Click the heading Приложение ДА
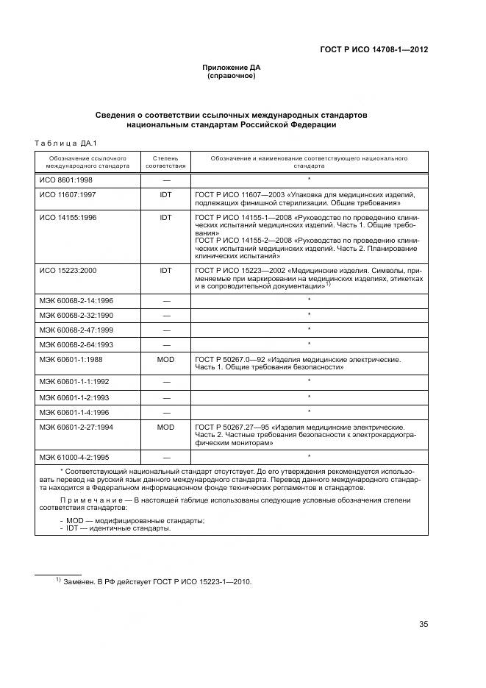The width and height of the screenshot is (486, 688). coord(231,68)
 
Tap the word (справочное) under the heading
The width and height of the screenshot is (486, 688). coord(231,76)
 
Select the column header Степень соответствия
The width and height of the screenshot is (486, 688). coord(165,162)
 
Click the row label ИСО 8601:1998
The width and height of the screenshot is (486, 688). coord(65,179)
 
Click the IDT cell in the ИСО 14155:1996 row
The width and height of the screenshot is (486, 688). coord(165,219)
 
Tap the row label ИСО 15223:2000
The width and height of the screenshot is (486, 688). coord(68,271)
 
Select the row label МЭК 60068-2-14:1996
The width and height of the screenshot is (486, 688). coord(76,300)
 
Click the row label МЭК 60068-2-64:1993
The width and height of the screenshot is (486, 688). coord(76,344)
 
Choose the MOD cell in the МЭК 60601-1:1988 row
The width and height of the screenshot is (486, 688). coord(165,359)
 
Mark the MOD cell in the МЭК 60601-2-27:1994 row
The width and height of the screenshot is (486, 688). coord(165,426)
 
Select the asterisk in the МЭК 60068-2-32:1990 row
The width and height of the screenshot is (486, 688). coord(309,315)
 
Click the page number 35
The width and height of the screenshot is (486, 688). coord(423,624)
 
